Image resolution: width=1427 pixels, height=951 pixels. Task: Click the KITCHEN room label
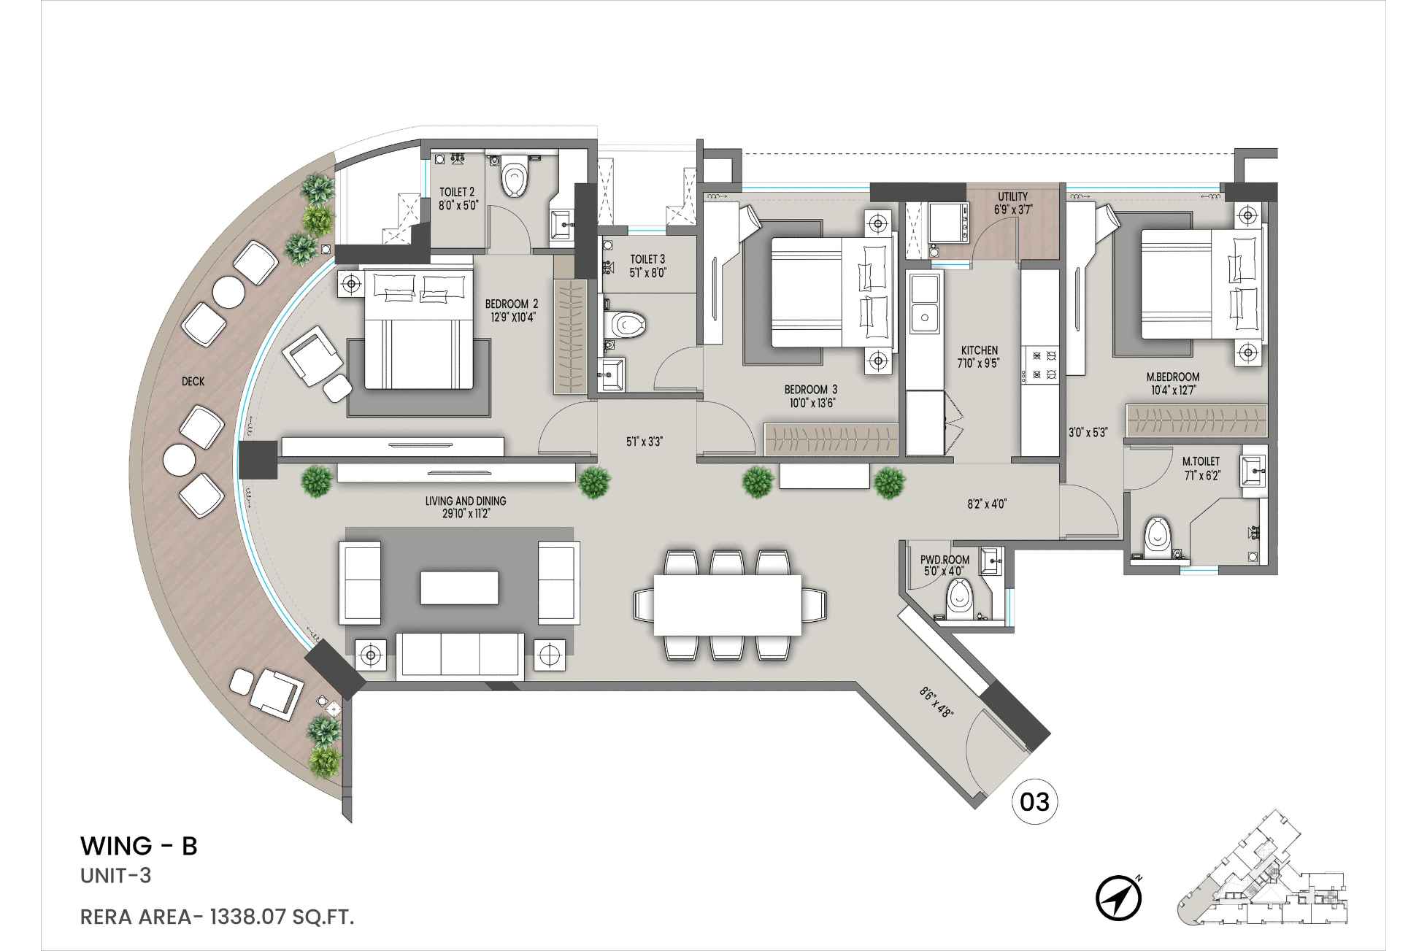pyautogui.click(x=979, y=350)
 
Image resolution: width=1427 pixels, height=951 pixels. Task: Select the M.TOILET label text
pyautogui.click(x=1201, y=462)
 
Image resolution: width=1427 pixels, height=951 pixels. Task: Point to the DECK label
pyautogui.click(x=193, y=382)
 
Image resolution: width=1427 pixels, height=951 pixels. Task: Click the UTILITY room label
pyautogui.click(x=1012, y=197)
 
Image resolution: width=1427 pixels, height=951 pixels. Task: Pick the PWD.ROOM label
pyautogui.click(x=945, y=560)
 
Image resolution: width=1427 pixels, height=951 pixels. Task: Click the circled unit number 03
pyautogui.click(x=1034, y=802)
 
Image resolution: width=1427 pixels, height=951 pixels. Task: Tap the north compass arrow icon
pyautogui.click(x=1118, y=898)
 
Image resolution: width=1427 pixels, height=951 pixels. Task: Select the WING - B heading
pyautogui.click(x=139, y=846)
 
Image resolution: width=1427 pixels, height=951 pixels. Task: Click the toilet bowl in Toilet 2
pyautogui.click(x=515, y=177)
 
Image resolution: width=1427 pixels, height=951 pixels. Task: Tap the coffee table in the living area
pyautogui.click(x=459, y=588)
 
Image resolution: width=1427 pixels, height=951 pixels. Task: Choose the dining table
pyautogui.click(x=727, y=605)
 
